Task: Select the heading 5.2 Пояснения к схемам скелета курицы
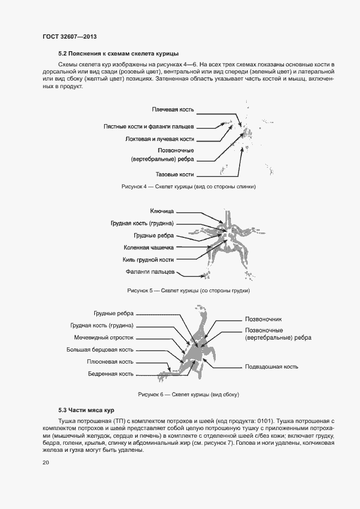(x=112, y=54)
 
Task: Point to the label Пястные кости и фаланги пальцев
(x=149, y=126)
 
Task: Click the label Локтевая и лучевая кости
(x=160, y=139)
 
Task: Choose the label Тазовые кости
(x=175, y=174)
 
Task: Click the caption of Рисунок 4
(x=188, y=187)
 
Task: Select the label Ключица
(x=162, y=211)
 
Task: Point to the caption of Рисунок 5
(x=188, y=291)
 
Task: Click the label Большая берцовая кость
(x=100, y=349)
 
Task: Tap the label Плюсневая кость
(x=110, y=361)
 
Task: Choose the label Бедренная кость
(x=111, y=374)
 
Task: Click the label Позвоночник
(x=264, y=319)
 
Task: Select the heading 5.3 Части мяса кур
(x=86, y=409)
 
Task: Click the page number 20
(x=46, y=463)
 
